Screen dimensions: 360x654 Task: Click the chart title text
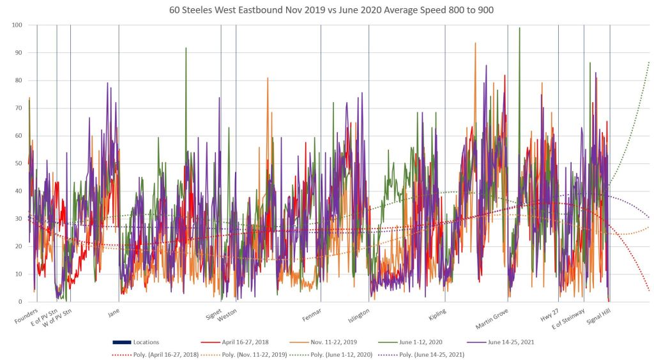pos(327,10)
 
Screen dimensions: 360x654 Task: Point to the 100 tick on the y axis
pos(17,25)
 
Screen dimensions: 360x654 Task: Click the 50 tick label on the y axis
pos(18,163)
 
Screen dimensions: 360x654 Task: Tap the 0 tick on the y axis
pos(20,301)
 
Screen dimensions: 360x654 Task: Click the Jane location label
pos(114,313)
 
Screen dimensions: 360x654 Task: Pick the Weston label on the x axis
pos(227,315)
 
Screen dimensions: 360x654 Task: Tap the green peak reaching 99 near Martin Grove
pos(519,28)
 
